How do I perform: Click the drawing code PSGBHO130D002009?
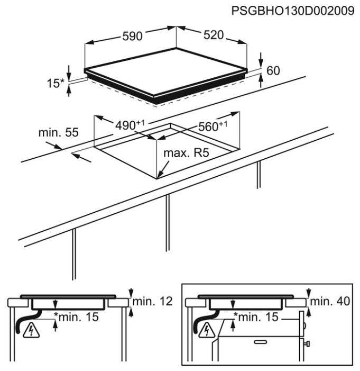click(293, 11)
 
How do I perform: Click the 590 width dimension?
click(132, 36)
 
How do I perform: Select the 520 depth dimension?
click(214, 35)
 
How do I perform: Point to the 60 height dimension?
click(273, 70)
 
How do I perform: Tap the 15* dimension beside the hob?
click(56, 83)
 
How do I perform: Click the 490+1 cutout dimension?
click(130, 125)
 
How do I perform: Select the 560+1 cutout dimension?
click(213, 126)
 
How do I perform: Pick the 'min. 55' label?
click(58, 132)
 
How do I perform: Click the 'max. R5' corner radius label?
click(186, 153)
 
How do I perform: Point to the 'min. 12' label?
click(152, 302)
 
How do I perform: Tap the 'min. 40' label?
click(330, 302)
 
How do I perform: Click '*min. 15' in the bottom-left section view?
click(76, 317)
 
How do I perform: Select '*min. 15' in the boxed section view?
click(256, 317)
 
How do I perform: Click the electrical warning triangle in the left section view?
click(31, 330)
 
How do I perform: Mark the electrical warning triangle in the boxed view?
click(207, 330)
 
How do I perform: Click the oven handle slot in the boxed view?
click(261, 342)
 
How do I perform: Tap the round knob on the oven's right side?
click(304, 326)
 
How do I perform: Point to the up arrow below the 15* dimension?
click(69, 92)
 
